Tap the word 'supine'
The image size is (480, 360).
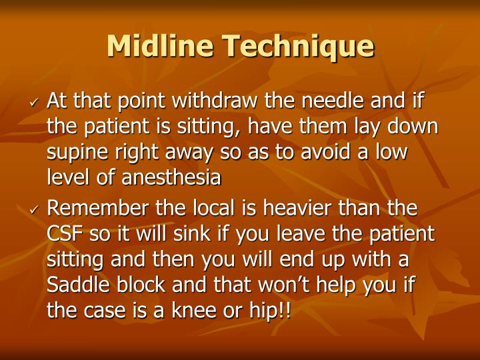(x=75, y=153)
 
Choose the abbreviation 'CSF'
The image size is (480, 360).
(x=64, y=235)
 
